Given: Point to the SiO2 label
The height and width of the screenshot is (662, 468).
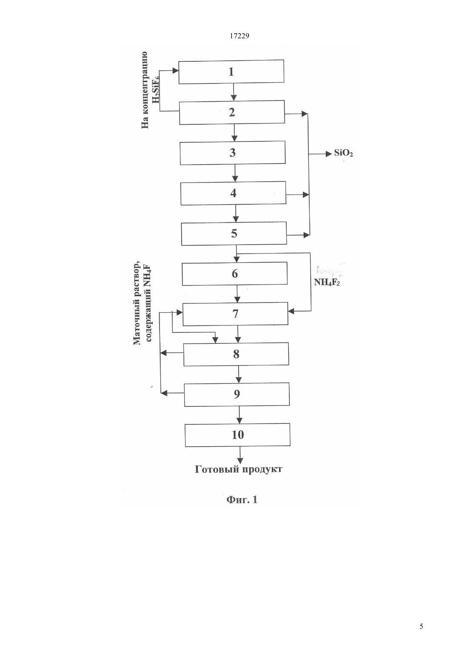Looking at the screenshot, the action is tap(343, 154).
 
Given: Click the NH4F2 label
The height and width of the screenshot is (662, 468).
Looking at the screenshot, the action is tap(327, 282).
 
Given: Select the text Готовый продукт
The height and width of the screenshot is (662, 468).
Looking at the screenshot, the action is tap(238, 470).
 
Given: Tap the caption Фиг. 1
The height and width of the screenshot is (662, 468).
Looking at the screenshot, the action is tap(242, 499).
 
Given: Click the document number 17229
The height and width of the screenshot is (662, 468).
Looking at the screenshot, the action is tap(239, 36).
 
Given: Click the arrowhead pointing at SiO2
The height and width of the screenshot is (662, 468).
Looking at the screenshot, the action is tap(328, 154).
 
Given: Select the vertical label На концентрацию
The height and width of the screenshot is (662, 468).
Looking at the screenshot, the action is tap(145, 90).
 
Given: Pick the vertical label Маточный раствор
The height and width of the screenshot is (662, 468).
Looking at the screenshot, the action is tap(136, 303).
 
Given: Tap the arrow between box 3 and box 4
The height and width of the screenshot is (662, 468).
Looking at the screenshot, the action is tap(235, 173).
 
